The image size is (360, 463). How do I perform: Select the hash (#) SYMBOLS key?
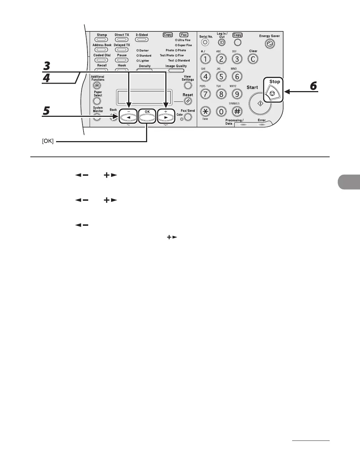click(237, 111)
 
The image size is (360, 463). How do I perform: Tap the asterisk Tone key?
click(205, 111)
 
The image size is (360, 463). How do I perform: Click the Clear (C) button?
click(253, 59)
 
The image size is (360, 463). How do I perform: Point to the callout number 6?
click(313, 86)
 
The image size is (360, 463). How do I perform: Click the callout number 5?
click(46, 111)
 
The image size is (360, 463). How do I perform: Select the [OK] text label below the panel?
click(48, 142)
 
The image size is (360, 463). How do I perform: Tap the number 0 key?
click(221, 111)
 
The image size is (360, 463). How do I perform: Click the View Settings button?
click(188, 86)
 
